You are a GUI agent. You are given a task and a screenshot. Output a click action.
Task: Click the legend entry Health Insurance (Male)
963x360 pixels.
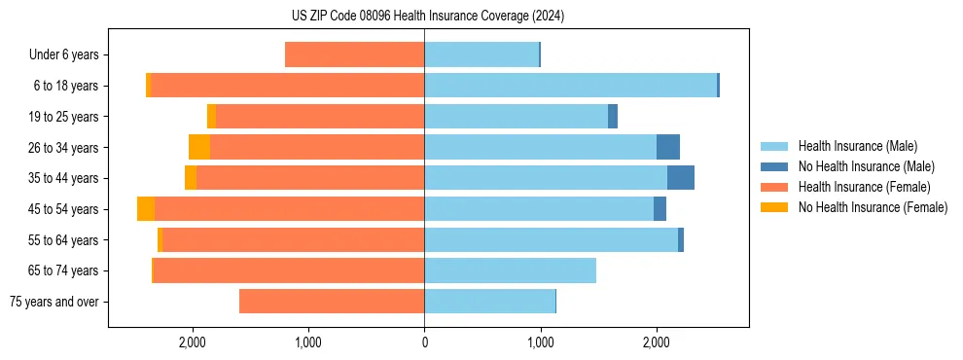click(x=857, y=146)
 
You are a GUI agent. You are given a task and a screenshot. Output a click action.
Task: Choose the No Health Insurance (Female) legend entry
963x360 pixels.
click(x=873, y=207)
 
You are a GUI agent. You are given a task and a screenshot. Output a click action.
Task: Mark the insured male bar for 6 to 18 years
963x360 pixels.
click(x=570, y=86)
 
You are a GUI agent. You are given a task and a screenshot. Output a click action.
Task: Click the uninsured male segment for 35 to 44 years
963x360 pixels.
click(x=681, y=178)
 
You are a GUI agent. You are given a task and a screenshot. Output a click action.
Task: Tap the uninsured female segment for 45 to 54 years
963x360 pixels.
click(x=146, y=209)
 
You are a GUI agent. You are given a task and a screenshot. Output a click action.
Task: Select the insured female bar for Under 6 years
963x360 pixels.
click(x=354, y=55)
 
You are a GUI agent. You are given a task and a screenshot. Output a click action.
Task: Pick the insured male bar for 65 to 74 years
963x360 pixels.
click(x=510, y=270)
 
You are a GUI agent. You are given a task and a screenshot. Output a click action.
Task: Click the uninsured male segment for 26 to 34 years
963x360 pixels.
click(x=668, y=148)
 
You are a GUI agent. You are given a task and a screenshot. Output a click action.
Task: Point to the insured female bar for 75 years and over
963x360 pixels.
click(x=332, y=302)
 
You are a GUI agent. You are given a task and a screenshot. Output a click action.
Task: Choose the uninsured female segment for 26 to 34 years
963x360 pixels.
click(x=199, y=148)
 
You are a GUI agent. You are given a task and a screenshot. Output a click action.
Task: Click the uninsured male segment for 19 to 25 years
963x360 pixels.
click(x=613, y=117)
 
